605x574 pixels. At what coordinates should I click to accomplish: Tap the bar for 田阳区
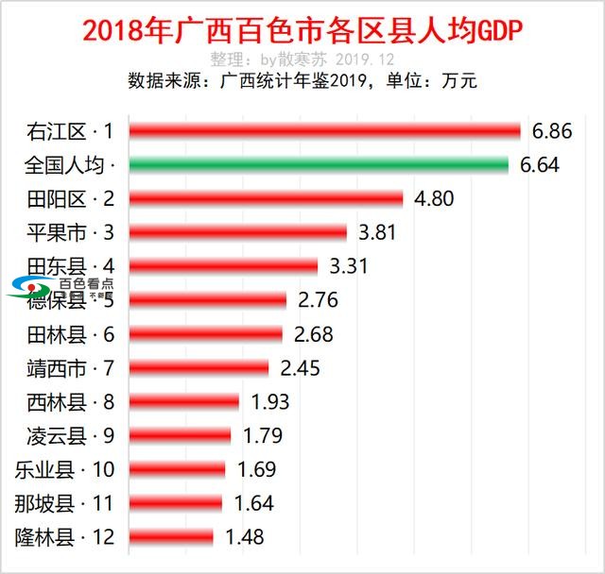pos(266,198)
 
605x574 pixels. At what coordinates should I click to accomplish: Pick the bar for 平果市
pos(237,232)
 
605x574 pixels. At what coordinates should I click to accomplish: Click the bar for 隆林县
pos(170,537)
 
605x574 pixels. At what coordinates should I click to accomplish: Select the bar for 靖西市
pos(199,367)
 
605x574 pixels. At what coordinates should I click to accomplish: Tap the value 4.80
pos(434,199)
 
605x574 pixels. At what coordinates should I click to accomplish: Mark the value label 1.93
pos(270,401)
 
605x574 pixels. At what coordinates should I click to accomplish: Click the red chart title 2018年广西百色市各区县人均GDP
pos(302,31)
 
